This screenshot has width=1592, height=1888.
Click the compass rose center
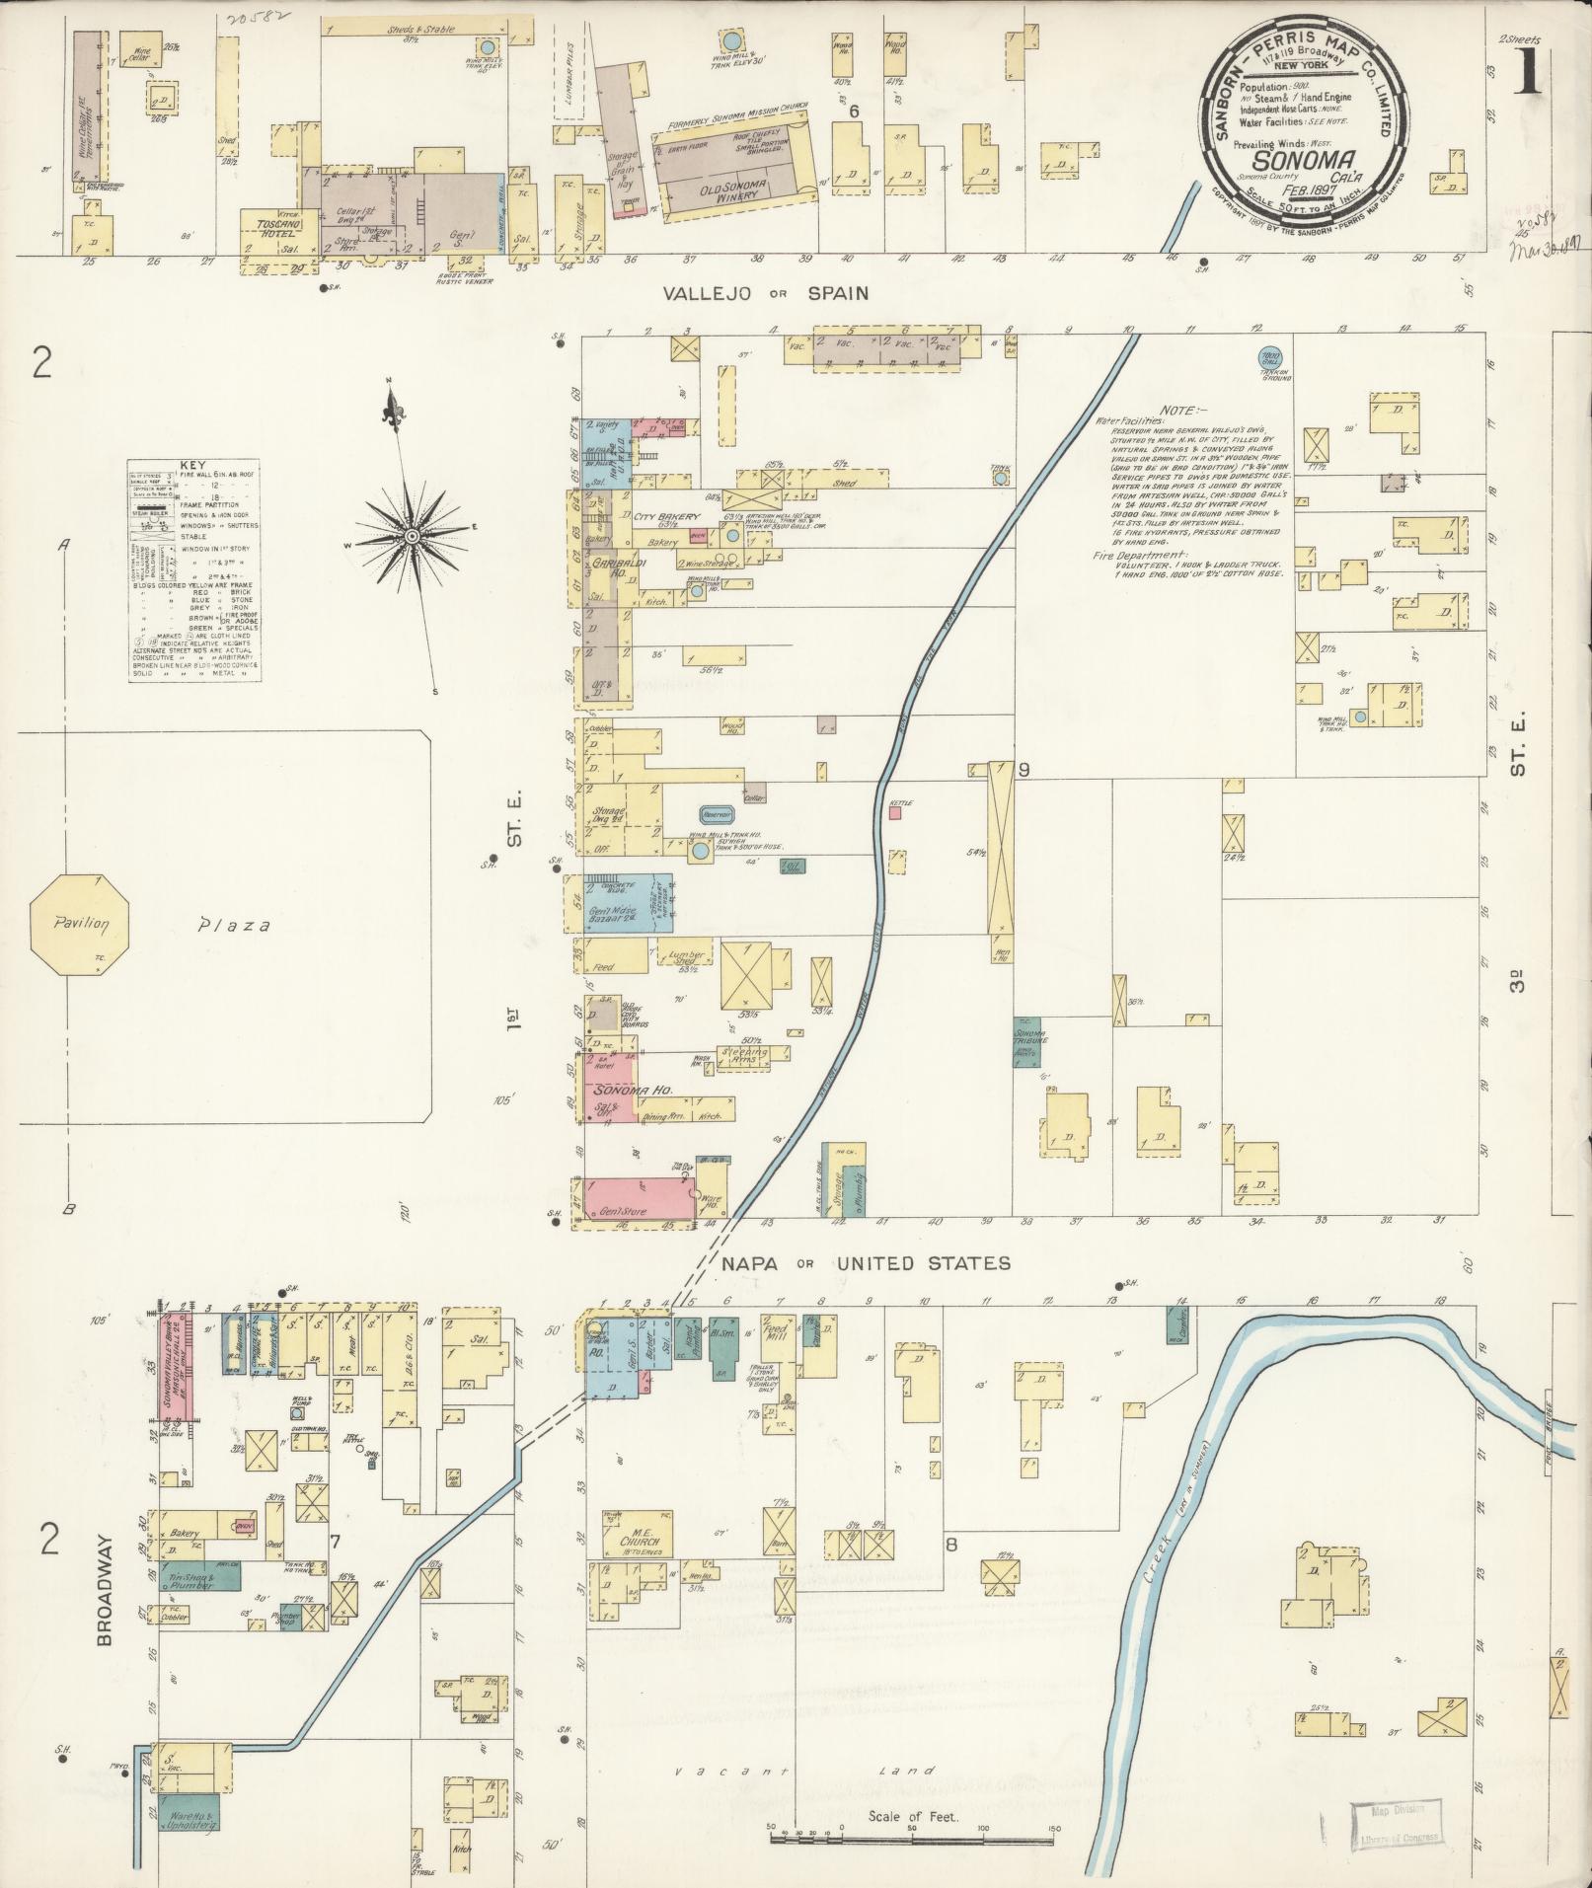click(411, 536)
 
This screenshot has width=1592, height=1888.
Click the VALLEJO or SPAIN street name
click(765, 293)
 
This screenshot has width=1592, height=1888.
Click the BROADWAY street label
click(105, 1594)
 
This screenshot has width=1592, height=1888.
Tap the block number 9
click(1024, 771)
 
